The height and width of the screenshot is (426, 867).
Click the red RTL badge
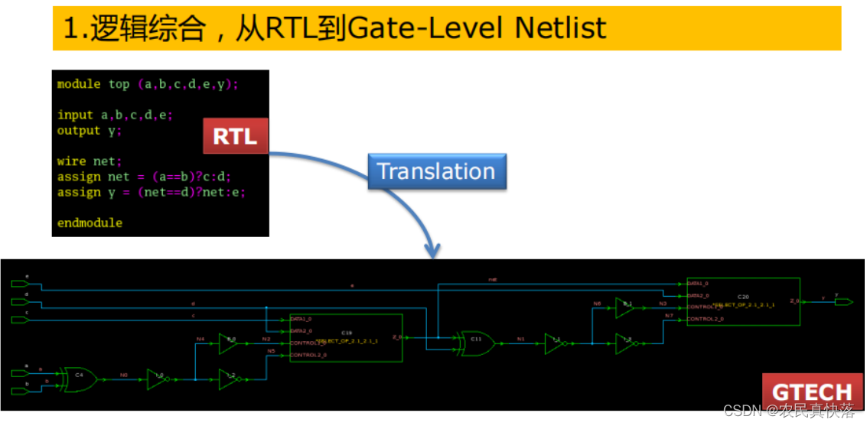coord(235,136)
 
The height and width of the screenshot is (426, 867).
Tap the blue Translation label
coord(436,171)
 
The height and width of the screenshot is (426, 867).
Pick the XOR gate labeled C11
coord(474,343)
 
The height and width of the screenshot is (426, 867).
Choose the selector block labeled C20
coord(742,301)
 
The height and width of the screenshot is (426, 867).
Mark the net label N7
coord(669,315)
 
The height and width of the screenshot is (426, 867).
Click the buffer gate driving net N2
coord(228,343)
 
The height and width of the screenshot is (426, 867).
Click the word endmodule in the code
coord(90,223)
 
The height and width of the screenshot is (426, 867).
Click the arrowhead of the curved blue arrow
coord(433,249)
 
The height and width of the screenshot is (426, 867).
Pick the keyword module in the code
coord(79,84)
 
